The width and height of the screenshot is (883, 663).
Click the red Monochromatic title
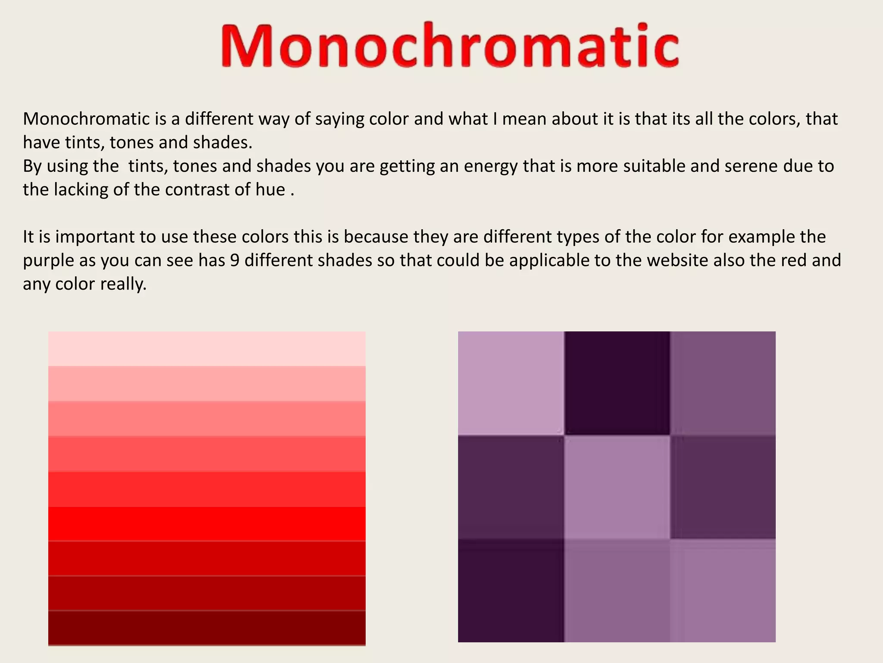[x=450, y=46]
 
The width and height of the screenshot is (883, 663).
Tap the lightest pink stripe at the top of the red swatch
[x=207, y=349]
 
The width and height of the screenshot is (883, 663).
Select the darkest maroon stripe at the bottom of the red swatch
[x=207, y=628]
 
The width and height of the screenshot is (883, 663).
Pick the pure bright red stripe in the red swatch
[x=207, y=524]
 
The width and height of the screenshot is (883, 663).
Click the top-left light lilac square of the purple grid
[x=510, y=382]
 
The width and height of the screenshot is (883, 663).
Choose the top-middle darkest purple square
[x=617, y=382]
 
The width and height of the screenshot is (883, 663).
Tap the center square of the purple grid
[x=617, y=487]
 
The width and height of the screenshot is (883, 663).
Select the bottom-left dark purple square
[x=510, y=590]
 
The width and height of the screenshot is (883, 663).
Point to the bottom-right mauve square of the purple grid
[x=723, y=590]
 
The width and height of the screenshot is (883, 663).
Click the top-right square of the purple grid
[x=723, y=382]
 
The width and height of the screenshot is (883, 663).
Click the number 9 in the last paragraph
[x=235, y=260]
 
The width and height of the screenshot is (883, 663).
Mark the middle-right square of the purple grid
[x=723, y=487]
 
